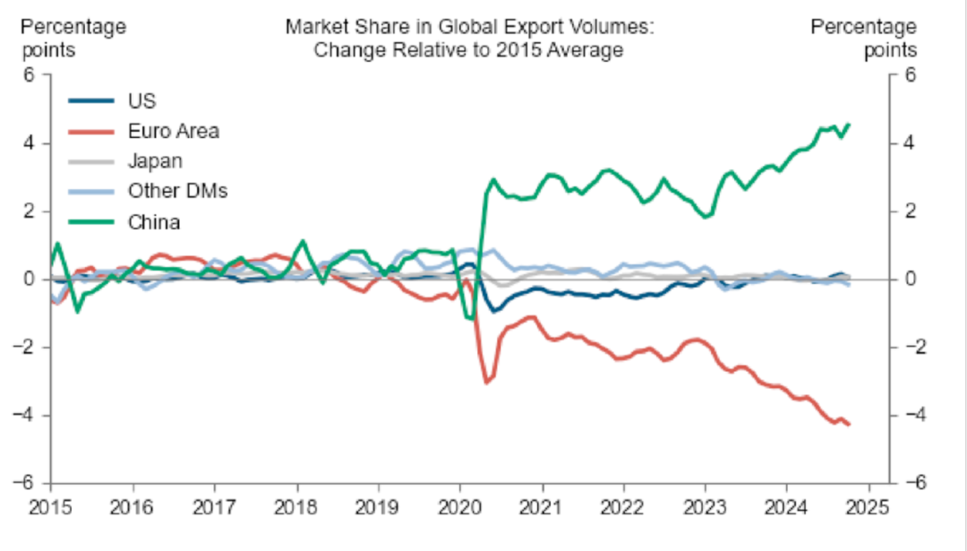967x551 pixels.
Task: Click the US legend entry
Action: pos(142,100)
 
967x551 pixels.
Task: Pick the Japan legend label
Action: pos(155,161)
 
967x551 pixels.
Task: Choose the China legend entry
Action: pos(154,221)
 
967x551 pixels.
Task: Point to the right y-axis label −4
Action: pos(914,415)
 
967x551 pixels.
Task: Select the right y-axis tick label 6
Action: pos(908,75)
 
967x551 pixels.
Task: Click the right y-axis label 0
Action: pos(908,280)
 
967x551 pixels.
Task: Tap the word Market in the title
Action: pos(313,27)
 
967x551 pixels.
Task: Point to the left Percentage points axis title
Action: pos(73,39)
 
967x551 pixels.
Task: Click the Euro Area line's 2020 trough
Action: pos(486,383)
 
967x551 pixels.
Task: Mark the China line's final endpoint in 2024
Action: pos(848,125)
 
